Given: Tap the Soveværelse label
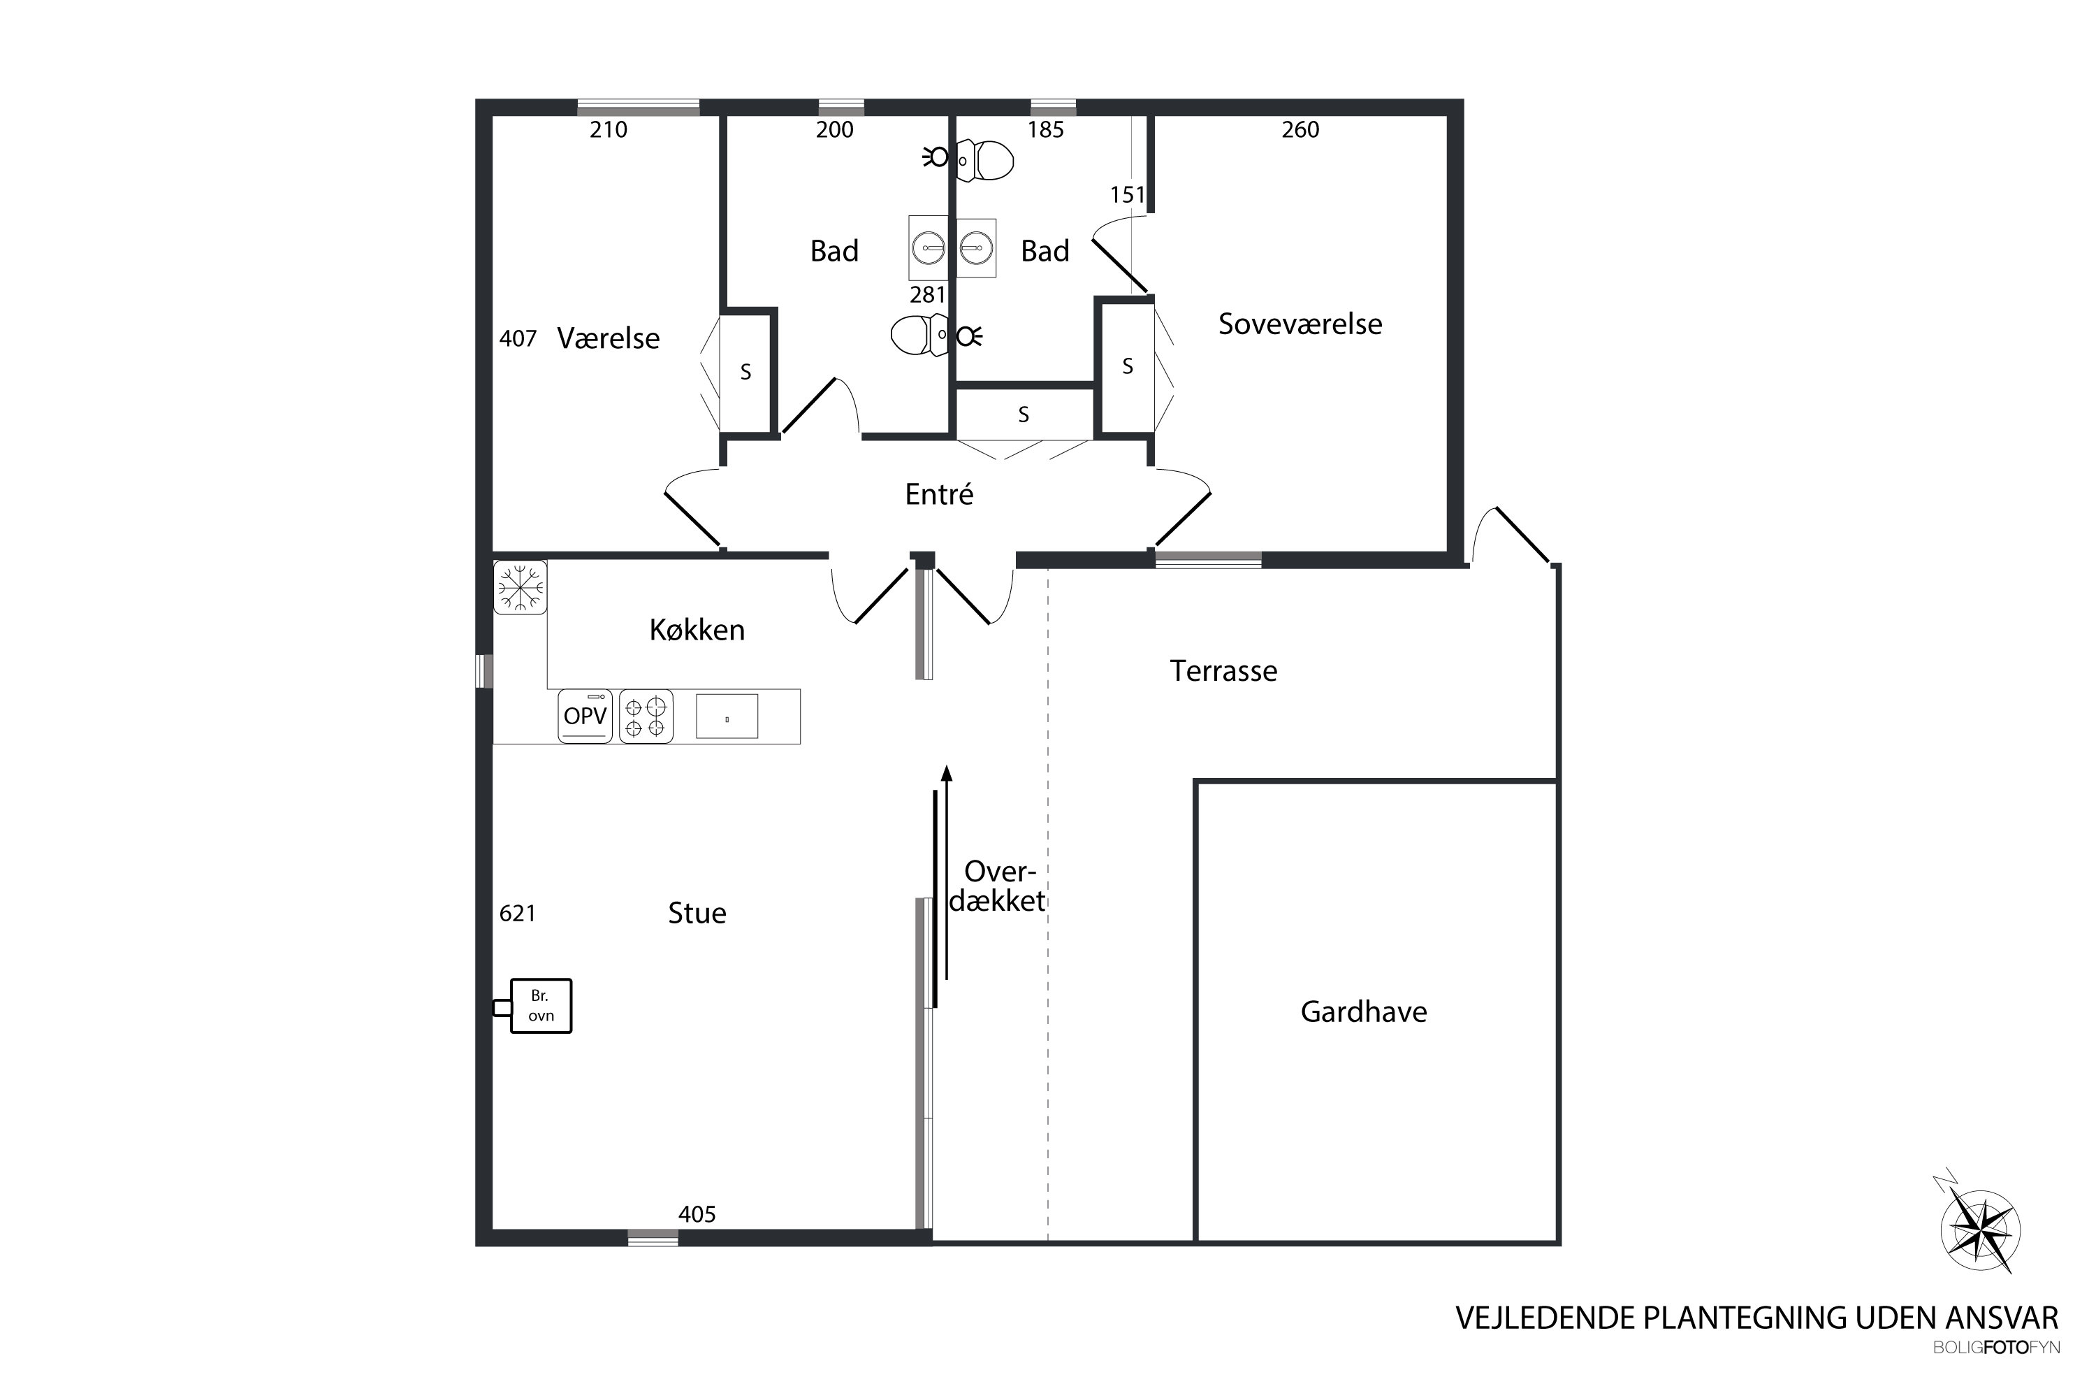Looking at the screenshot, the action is (x=1300, y=324).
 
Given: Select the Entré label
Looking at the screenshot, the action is (x=938, y=494).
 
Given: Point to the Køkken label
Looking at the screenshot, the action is (x=697, y=630).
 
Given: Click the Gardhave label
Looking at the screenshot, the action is (x=1364, y=1012).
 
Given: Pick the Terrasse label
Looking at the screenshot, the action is (x=1223, y=670).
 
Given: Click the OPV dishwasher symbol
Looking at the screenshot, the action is (x=585, y=716).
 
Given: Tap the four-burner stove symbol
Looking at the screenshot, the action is (x=646, y=716).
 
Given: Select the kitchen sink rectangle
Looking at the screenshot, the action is (x=727, y=716).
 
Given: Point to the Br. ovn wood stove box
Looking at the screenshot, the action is (x=541, y=1006).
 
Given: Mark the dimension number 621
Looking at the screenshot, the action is (x=518, y=913).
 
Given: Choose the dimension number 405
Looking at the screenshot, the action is (x=697, y=1214).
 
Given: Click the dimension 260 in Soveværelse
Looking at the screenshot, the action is (x=1300, y=130).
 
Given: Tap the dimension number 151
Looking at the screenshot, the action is (x=1128, y=195).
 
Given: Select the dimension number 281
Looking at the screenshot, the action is (x=928, y=295).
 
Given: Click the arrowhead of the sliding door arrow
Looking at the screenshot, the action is (x=947, y=772).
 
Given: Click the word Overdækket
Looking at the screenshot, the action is (x=998, y=886).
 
